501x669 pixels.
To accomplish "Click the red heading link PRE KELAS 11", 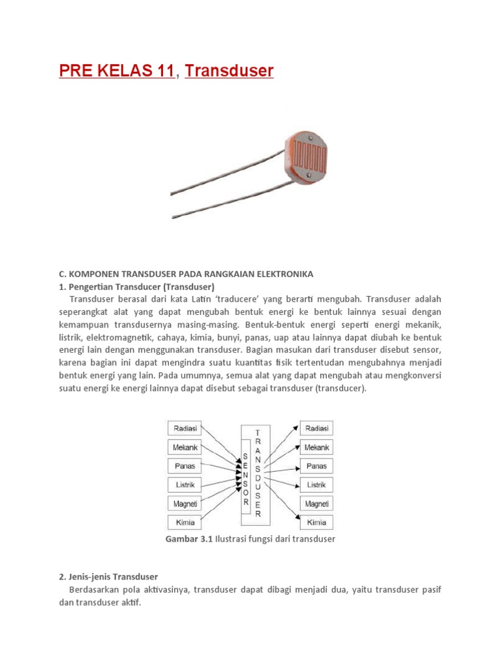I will pos(117,71).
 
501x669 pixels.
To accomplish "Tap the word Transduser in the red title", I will pos(229,71).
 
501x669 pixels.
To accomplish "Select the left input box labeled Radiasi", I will pos(185,429).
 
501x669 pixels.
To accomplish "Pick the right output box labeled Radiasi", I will pos(317,429).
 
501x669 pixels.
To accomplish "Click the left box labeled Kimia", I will pos(185,523).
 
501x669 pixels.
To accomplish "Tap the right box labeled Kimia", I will pos(317,523).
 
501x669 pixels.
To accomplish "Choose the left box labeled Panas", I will pos(185,466).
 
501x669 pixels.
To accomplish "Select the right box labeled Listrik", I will pos(317,485).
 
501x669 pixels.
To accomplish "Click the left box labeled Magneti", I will pos(185,504).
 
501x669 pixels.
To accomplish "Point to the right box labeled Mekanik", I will pos(317,448).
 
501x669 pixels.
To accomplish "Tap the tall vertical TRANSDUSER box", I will pos(258,473).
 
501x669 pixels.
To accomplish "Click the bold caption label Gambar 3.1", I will pos(190,539).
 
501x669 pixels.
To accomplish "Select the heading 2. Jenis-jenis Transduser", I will pos(108,577).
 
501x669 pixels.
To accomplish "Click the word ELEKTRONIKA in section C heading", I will pos(285,273).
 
